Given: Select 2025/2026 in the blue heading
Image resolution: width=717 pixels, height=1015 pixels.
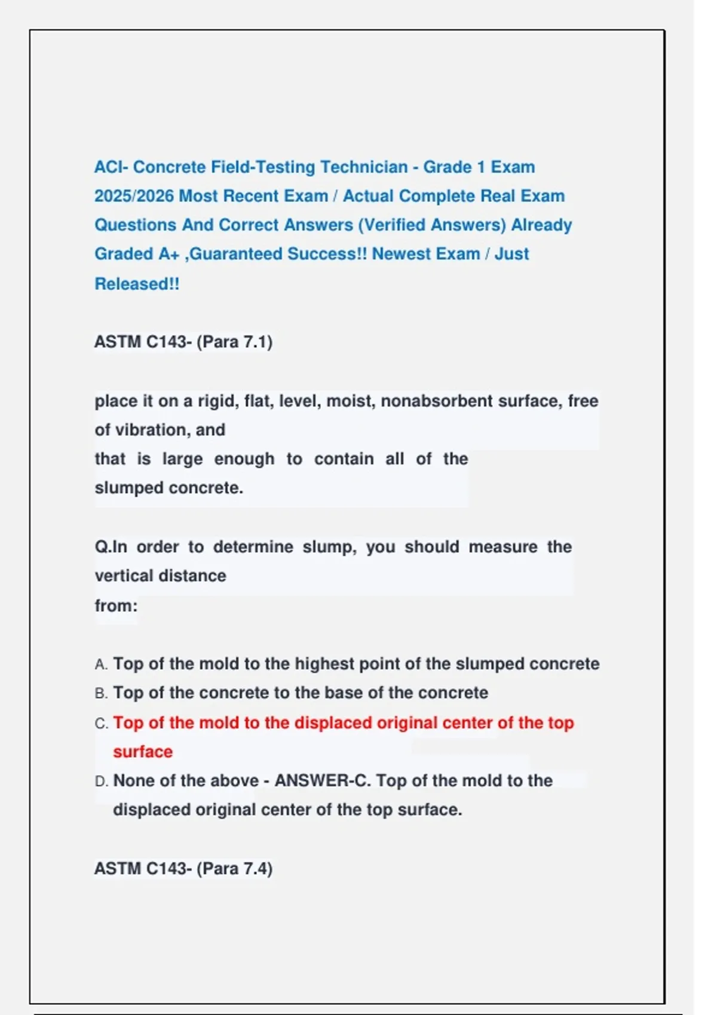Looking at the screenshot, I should click(134, 196).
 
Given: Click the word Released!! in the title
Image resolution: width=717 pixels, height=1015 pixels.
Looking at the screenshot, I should click(137, 284).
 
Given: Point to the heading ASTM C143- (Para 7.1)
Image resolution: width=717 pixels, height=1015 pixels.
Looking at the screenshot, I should click(183, 342).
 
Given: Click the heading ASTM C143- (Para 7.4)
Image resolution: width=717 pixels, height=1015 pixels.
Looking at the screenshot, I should click(183, 869).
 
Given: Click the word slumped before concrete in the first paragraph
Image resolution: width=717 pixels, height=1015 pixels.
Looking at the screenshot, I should click(129, 488).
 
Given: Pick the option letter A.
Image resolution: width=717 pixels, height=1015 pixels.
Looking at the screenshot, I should click(100, 665).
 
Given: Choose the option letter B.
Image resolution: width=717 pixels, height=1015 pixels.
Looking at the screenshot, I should click(100, 694).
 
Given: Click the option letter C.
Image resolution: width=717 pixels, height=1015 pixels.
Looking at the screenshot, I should click(101, 724).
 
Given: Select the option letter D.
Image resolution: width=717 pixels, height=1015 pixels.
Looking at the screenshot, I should click(101, 782).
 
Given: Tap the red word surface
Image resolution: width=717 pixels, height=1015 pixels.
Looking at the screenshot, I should click(143, 752).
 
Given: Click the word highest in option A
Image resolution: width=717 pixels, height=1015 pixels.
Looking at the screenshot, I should click(324, 664).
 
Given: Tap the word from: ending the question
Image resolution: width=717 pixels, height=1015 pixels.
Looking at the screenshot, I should click(116, 606).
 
